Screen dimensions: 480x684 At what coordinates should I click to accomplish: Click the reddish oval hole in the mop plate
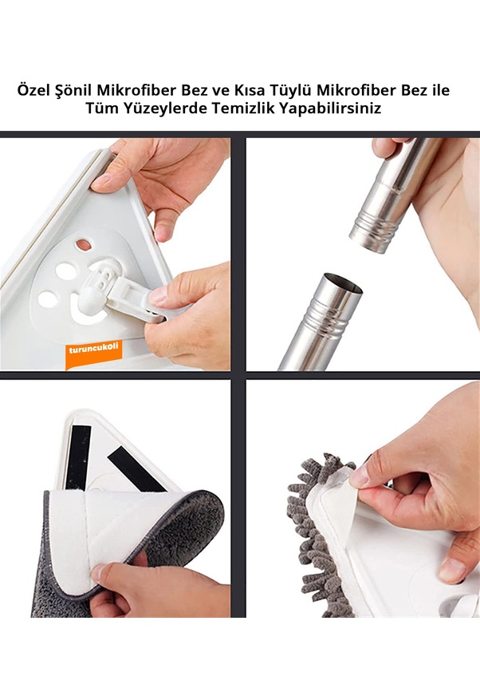pos(83,245)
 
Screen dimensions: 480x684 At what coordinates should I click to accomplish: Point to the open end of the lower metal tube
pos(342,283)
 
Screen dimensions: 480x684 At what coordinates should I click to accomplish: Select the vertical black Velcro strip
pos(79,457)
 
